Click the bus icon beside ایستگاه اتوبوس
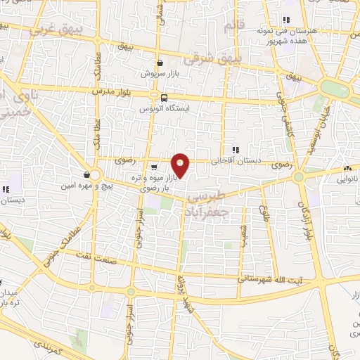coord(164,98)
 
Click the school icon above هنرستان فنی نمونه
coord(285,20)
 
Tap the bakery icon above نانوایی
coord(347,168)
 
